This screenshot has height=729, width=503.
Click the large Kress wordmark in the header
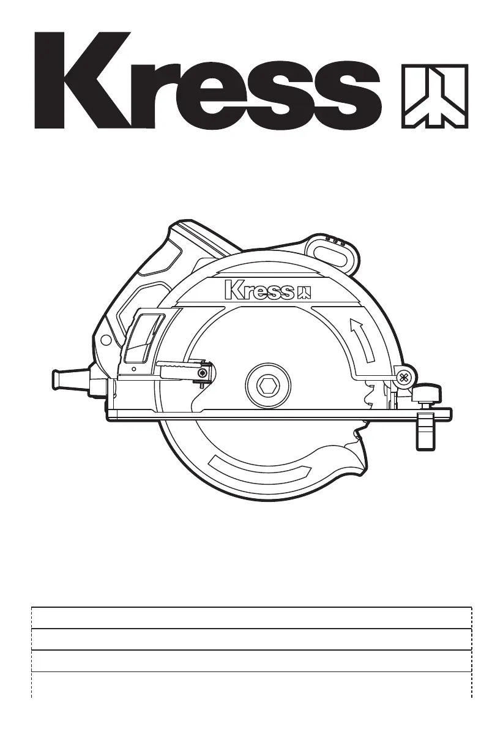tap(208, 80)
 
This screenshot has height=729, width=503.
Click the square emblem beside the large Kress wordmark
tap(434, 96)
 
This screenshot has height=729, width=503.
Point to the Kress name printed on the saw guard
tap(259, 290)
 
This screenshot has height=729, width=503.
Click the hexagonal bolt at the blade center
tap(269, 385)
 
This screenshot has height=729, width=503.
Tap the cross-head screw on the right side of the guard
tap(403, 377)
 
